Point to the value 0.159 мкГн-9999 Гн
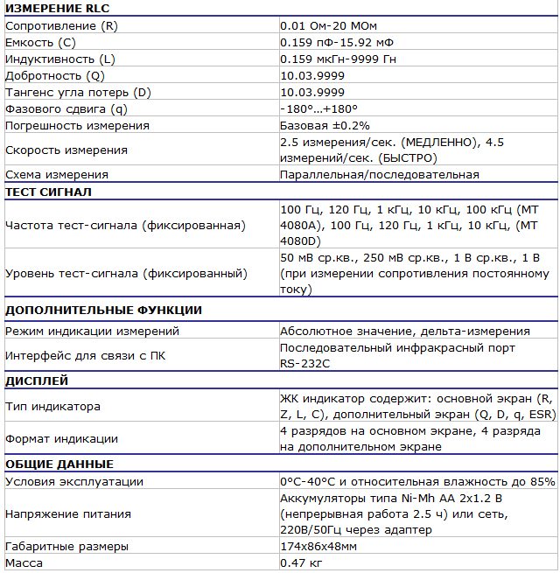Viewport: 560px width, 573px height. pyautogui.click(x=351, y=59)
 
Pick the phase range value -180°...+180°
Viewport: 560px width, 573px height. pyautogui.click(x=319, y=108)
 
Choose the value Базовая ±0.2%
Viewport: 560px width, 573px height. pyautogui.click(x=325, y=125)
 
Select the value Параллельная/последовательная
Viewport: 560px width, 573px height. pyautogui.click(x=380, y=175)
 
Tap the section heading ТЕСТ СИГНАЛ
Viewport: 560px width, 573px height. pyautogui.click(x=48, y=192)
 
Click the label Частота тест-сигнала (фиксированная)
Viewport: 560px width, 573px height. pyautogui.click(x=125, y=225)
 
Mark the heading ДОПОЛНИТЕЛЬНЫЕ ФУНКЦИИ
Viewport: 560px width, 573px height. pyautogui.click(x=103, y=310)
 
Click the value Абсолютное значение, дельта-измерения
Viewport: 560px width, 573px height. pyautogui.click(x=405, y=331)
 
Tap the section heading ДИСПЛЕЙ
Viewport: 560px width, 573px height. pyautogui.click(x=37, y=381)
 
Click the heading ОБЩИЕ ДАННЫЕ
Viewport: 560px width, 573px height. pyautogui.click(x=59, y=464)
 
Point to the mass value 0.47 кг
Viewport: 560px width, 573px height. pyautogui.click(x=301, y=563)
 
